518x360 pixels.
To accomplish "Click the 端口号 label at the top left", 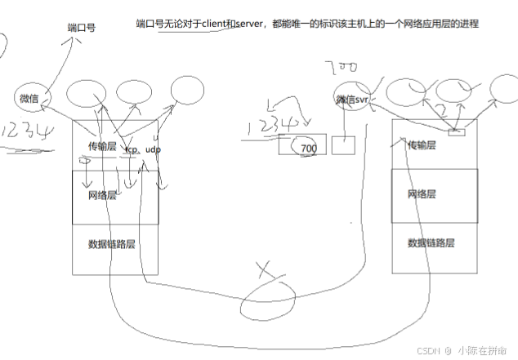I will (82, 27).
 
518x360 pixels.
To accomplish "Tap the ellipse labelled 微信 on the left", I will (29, 99).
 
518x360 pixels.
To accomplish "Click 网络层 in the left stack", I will (103, 195).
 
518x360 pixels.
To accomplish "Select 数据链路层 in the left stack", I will (112, 242).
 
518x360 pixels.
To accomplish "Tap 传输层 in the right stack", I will (422, 144).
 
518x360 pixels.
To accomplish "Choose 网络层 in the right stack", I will (422, 194).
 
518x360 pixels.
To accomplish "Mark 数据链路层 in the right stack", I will (431, 242).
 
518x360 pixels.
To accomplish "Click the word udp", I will (154, 150).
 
